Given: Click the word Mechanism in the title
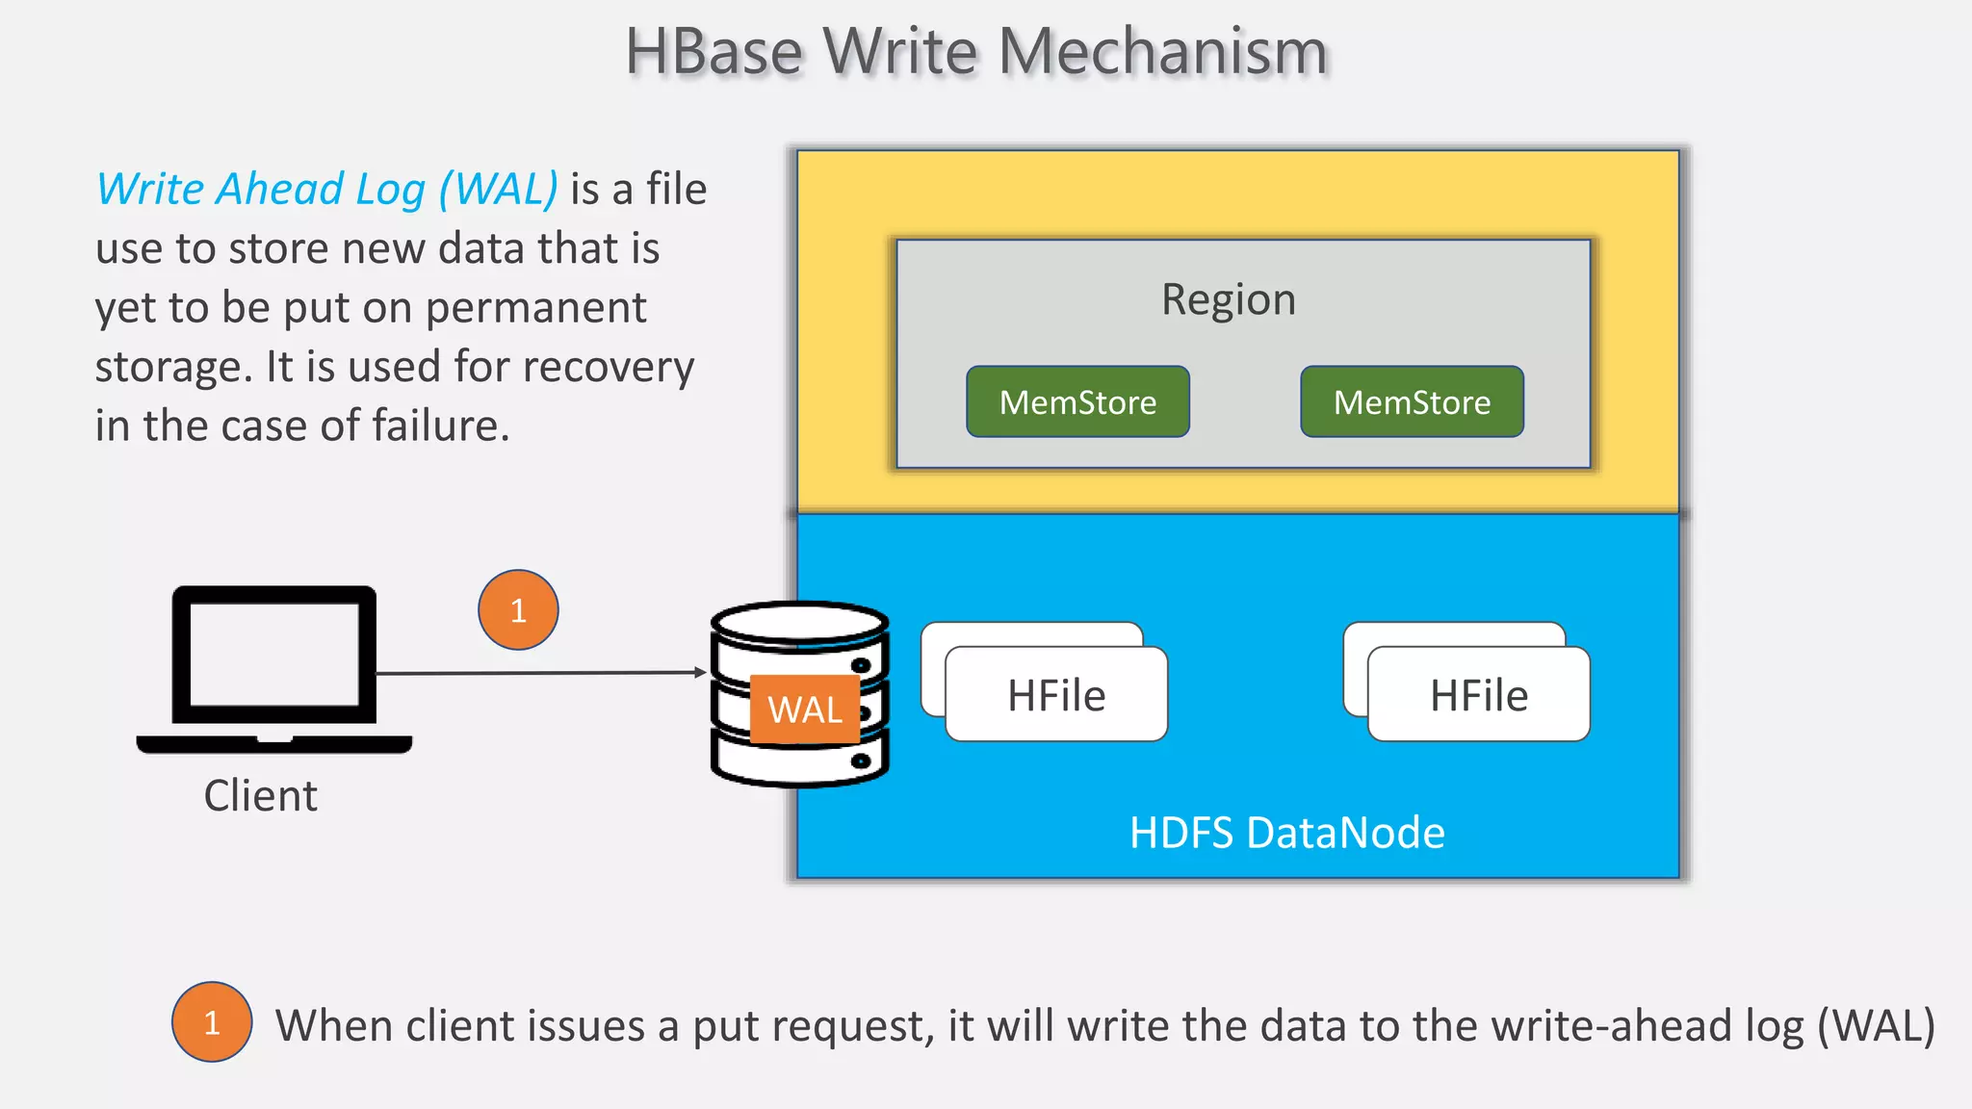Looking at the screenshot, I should [x=1163, y=52].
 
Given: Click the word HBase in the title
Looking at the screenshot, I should [x=714, y=52].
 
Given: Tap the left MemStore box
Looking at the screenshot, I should [x=1077, y=402].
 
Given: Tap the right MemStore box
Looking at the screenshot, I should [x=1412, y=402].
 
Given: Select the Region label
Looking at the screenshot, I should [x=1229, y=299].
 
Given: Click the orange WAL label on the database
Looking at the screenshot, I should [x=805, y=709].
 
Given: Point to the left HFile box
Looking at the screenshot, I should [x=1056, y=695].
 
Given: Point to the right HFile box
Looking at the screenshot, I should [x=1479, y=695].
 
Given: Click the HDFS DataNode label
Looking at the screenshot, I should [x=1286, y=833].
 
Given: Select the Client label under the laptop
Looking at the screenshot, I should [x=260, y=796].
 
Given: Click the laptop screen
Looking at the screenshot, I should [x=274, y=655].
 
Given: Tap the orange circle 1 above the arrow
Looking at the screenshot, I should [x=518, y=610].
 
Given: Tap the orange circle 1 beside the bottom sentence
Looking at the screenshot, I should [x=212, y=1022].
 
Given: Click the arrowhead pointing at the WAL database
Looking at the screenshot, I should [x=701, y=672].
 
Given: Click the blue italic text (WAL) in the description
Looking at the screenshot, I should [x=498, y=190].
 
